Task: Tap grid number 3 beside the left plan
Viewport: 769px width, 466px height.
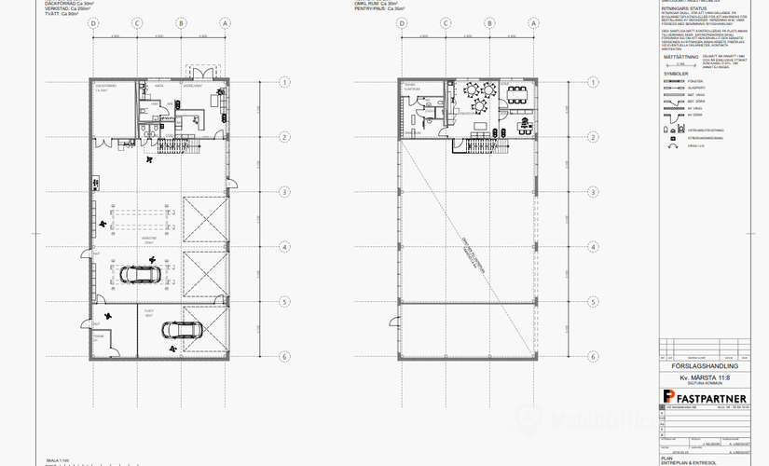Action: point(282,191)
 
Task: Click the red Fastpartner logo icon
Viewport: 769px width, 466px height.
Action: point(668,399)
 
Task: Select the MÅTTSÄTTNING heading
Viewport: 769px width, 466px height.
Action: point(680,56)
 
